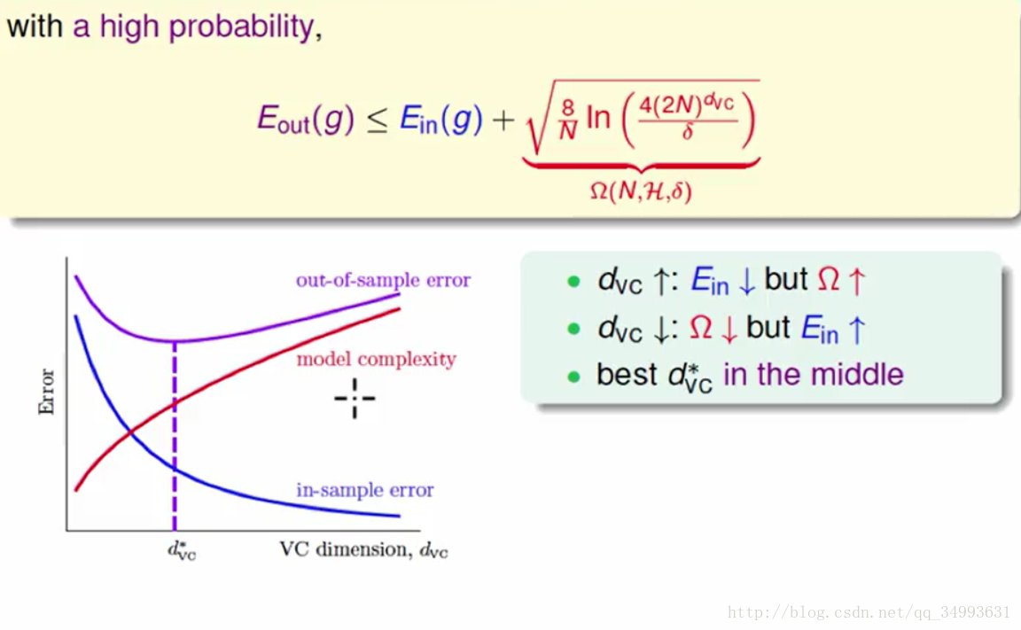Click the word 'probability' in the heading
[242, 27]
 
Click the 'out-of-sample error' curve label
[383, 280]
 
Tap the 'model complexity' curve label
[377, 359]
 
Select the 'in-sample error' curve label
[364, 489]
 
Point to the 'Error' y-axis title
[46, 392]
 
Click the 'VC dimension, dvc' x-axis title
[364, 550]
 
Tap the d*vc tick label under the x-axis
[182, 550]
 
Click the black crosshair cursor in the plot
[355, 398]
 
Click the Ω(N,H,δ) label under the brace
[641, 191]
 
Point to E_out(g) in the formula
[306, 119]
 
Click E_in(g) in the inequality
[440, 119]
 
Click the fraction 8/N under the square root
[568, 120]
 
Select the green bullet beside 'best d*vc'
[573, 377]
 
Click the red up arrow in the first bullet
[857, 281]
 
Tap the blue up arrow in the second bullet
[857, 330]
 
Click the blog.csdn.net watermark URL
[869, 612]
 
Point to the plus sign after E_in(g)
[503, 121]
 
